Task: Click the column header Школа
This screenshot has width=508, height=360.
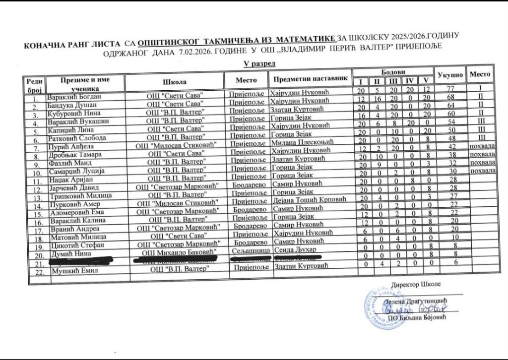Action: (x=174, y=82)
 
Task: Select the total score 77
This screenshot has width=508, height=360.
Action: (x=450, y=88)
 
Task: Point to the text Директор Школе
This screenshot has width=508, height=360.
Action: (x=415, y=284)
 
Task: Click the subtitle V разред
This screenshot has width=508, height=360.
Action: (x=259, y=64)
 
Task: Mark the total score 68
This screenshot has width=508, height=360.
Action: (x=450, y=97)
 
